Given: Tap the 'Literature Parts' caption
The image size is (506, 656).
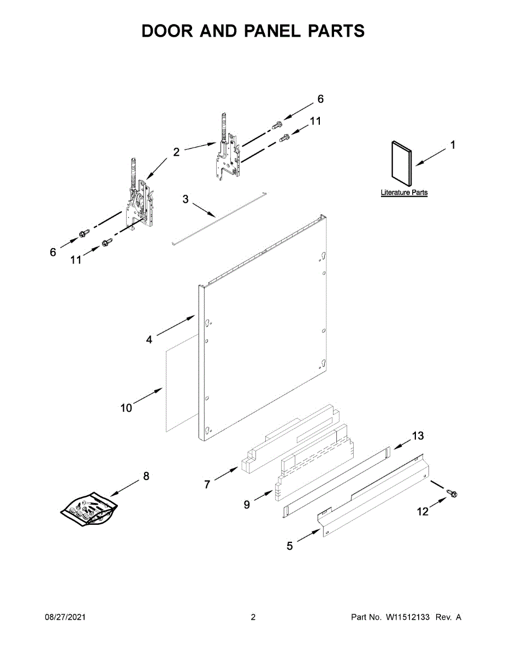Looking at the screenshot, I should tap(404, 193).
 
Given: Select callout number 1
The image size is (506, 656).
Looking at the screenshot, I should tap(452, 145).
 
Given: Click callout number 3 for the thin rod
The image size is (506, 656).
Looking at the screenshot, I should tap(185, 200).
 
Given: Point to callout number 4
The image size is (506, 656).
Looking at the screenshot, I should tap(149, 339).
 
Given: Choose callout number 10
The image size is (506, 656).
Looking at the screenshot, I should tap(126, 408).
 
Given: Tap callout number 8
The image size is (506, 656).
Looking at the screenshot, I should tap(146, 476).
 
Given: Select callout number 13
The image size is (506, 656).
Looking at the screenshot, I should tap(418, 436).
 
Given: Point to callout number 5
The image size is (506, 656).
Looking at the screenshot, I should tap(290, 546).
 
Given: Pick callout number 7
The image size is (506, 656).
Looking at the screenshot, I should tap(207, 484).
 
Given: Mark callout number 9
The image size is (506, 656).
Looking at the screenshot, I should tap(247, 505).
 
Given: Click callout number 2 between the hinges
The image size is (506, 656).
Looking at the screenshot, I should tap(176, 153).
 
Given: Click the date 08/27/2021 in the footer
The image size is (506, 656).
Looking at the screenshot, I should tap(65, 617).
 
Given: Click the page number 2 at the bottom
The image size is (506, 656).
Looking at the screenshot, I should tap(253, 617).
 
